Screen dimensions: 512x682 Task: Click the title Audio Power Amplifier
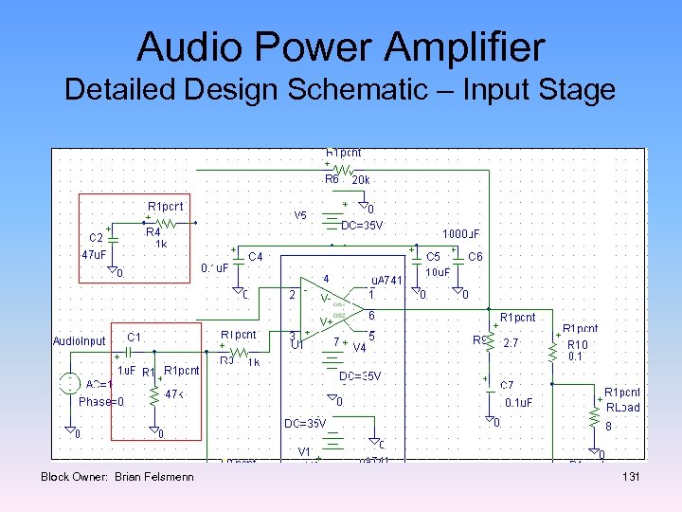coord(340,46)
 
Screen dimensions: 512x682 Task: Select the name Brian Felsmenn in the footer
coord(153,476)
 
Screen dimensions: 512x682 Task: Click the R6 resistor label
coord(332,178)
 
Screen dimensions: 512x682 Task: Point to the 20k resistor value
coord(361,178)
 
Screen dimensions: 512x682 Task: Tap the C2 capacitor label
coord(96,238)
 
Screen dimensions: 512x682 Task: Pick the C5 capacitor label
coord(433,256)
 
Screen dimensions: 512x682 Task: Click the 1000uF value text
coord(462,233)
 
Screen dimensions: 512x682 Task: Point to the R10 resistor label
coord(577,344)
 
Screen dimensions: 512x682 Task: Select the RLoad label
coord(622,408)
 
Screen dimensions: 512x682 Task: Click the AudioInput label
coord(80,340)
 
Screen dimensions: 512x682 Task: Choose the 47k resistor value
coord(175,393)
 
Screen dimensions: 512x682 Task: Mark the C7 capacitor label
coord(508,385)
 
